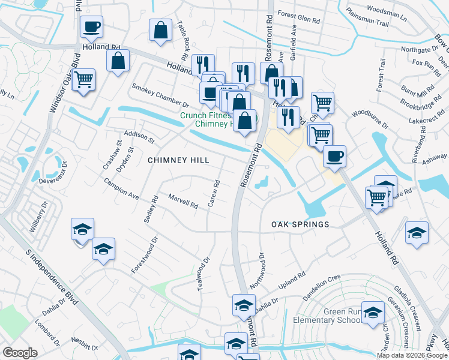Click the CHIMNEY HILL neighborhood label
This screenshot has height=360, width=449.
click(x=179, y=160)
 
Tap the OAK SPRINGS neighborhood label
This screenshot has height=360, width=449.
click(x=300, y=224)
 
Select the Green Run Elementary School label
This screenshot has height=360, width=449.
click(x=327, y=316)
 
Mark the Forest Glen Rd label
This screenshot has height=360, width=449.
click(x=299, y=19)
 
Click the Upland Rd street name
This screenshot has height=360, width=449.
click(x=294, y=281)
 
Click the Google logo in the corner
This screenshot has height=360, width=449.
click(x=20, y=352)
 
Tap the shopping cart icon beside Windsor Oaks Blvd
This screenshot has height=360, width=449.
click(x=83, y=79)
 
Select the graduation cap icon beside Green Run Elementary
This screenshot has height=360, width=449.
click(x=373, y=312)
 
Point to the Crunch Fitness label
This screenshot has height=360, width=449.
click(x=206, y=115)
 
